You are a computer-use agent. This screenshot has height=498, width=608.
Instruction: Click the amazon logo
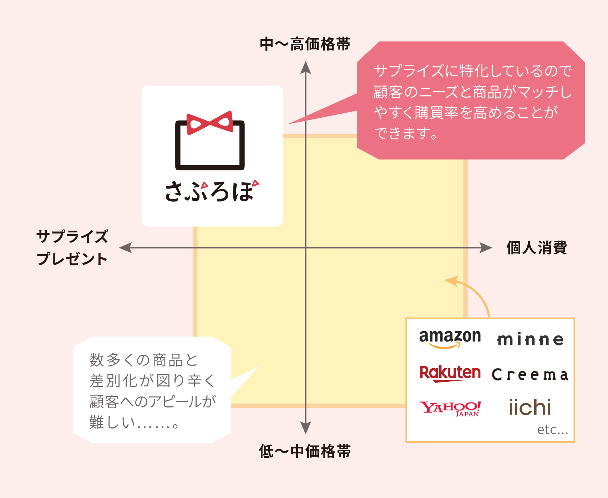450,338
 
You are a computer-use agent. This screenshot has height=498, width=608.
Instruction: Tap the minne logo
530,339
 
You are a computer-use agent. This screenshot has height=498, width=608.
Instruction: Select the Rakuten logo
450,373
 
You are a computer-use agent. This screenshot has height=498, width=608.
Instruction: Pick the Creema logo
530,375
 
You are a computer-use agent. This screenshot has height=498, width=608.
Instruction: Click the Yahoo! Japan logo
450,408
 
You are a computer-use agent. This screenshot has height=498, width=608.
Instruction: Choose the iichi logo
530,407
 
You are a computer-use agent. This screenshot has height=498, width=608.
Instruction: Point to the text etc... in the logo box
552,430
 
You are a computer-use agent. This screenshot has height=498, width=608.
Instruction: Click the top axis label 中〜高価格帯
305,44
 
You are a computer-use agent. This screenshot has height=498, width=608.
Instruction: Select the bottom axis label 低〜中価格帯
305,451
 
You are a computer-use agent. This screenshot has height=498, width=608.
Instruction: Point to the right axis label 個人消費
537,248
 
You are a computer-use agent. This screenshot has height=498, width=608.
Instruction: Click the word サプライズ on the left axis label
72,237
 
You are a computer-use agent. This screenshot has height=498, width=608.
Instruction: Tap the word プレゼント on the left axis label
72,259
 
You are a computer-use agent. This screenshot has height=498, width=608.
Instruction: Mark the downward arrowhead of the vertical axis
305,428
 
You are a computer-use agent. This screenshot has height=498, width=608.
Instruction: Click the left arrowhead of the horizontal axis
125,248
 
